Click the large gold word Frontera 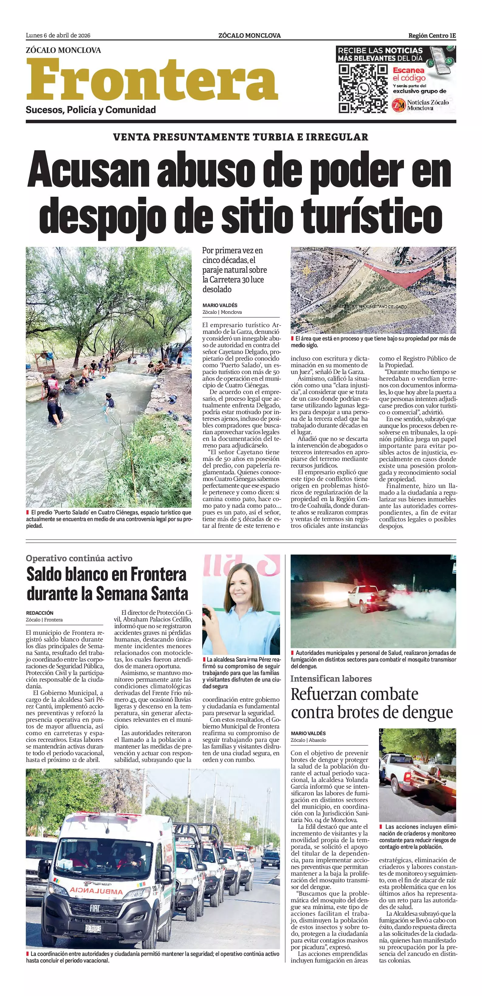coord(152,80)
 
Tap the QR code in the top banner coord(363,88)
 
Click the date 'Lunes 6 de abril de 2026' coord(58,36)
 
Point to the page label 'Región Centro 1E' coord(432,36)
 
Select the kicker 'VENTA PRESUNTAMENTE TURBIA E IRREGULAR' coord(241,137)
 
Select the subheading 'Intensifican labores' coord(331,679)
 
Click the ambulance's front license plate coord(93,928)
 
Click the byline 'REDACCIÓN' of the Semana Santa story coord(40,613)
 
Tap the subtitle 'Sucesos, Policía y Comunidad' coord(91,110)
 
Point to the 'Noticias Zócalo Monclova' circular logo coord(398,105)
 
